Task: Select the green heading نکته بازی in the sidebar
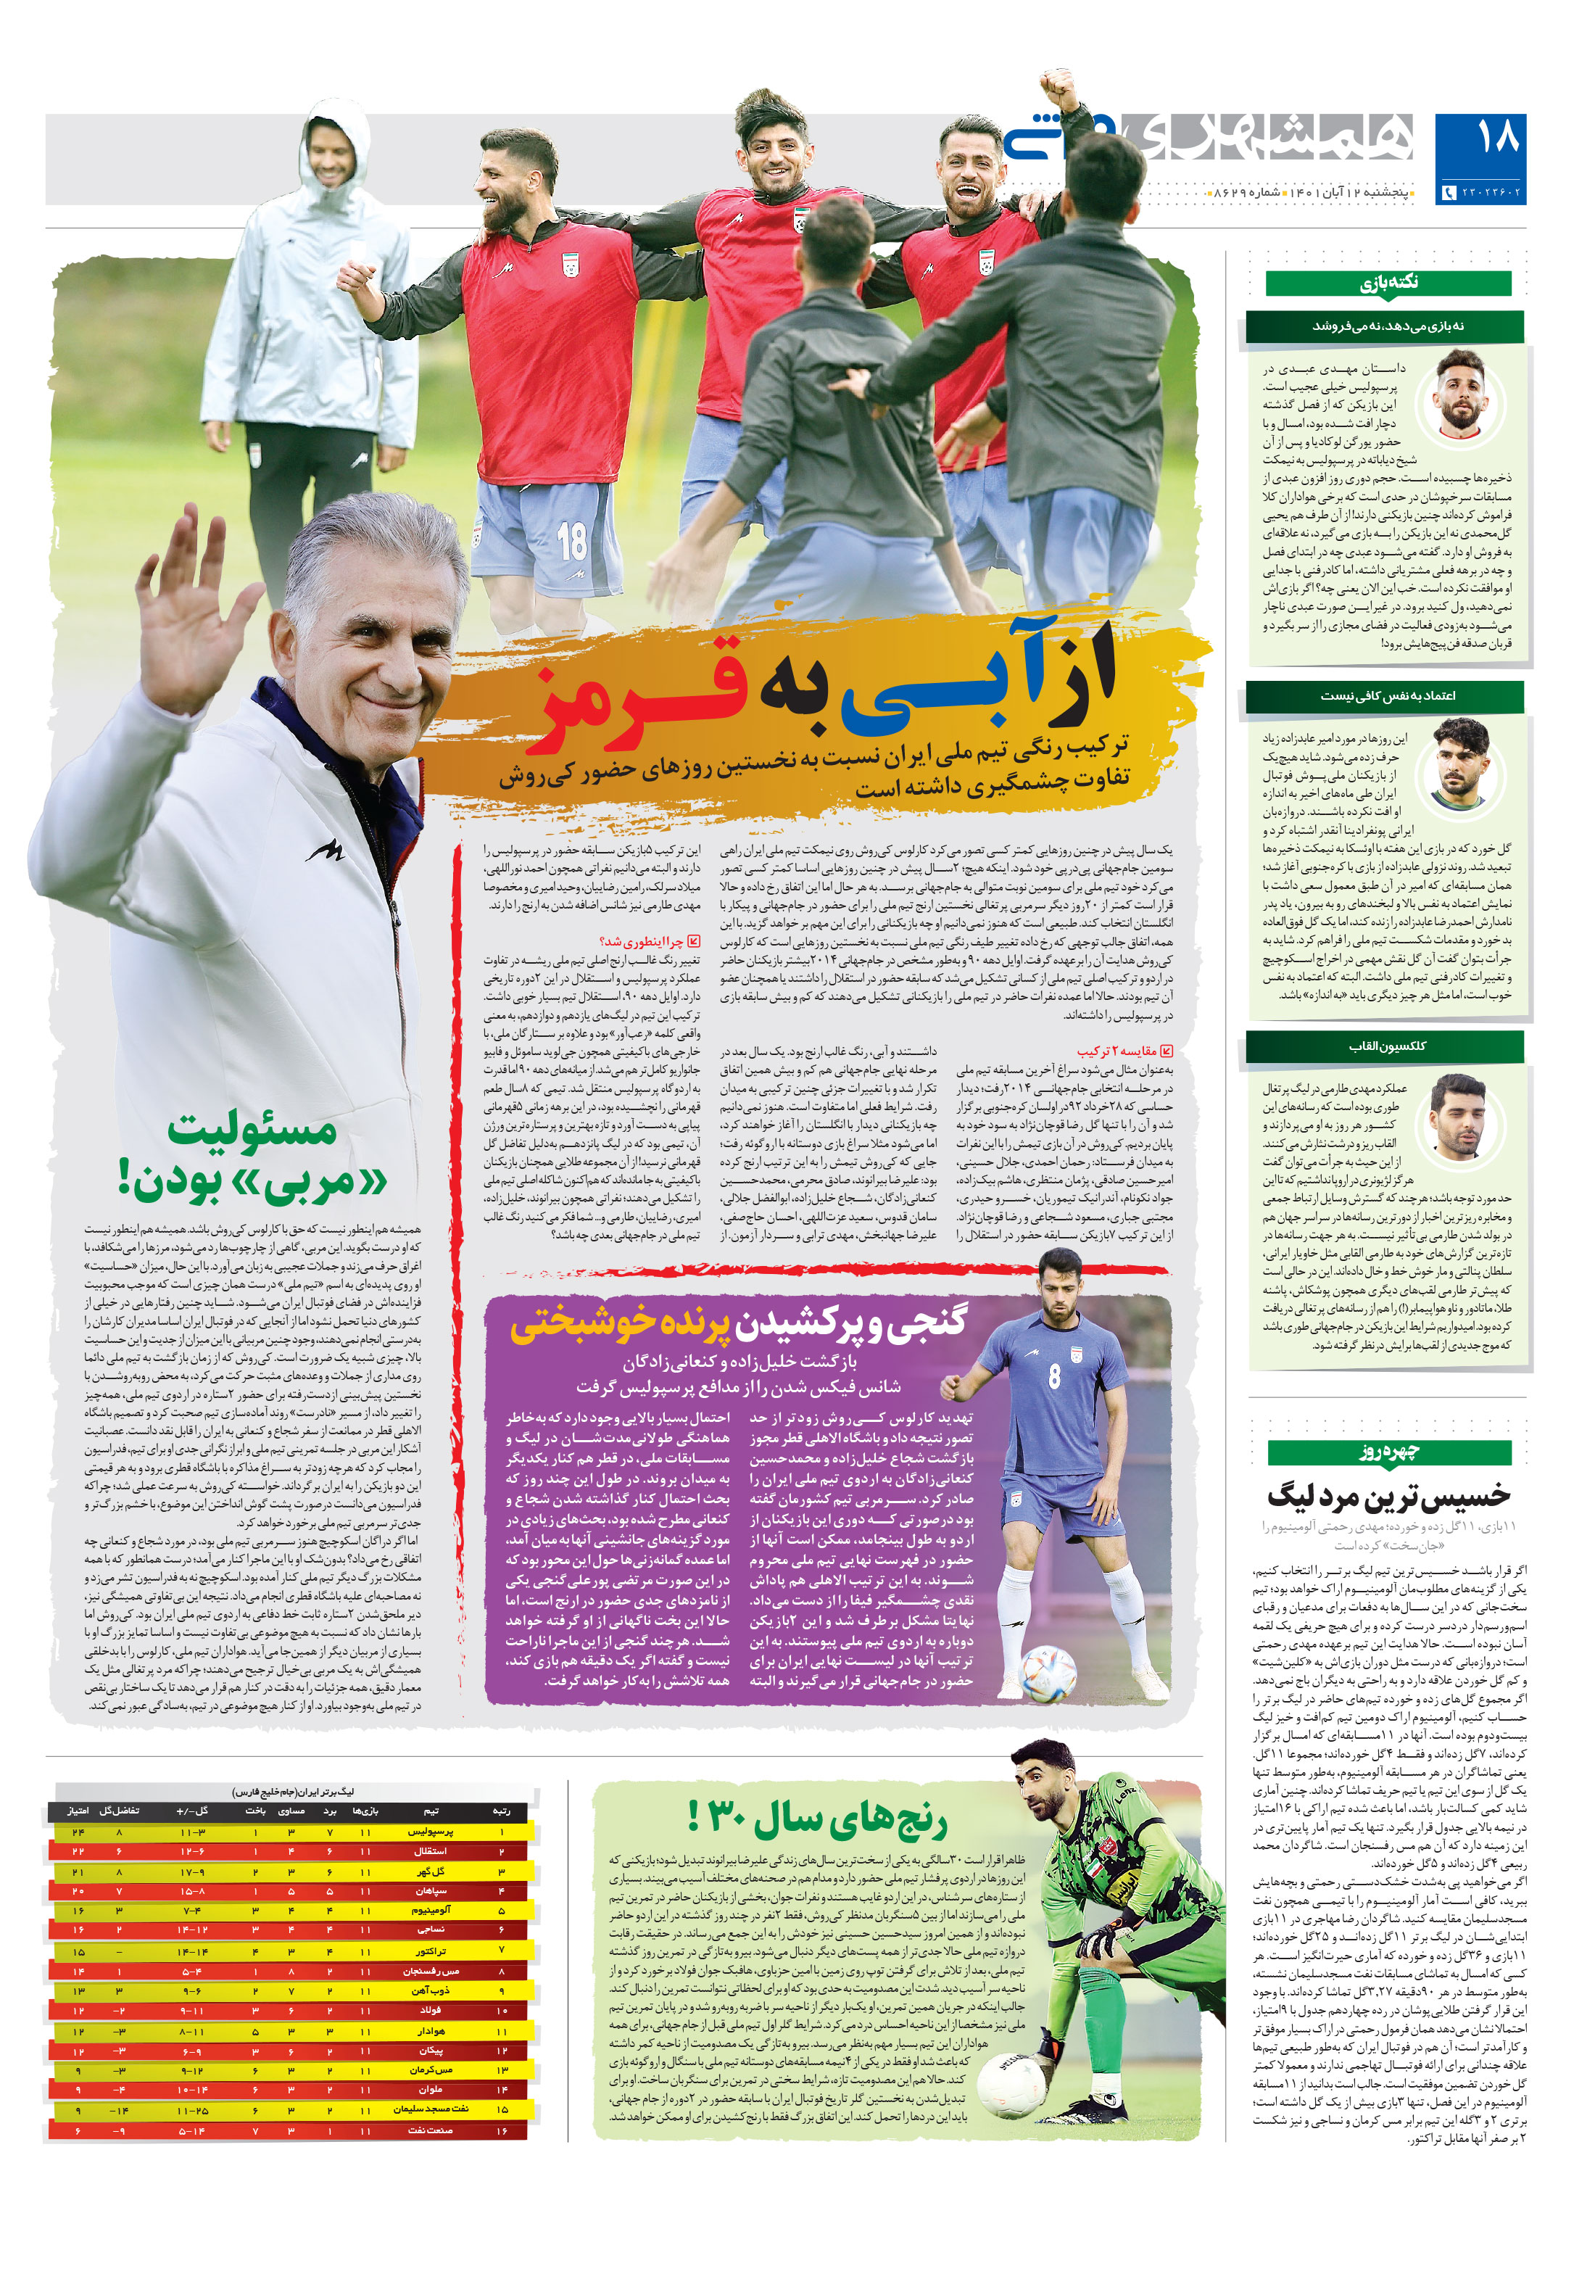pyautogui.click(x=1388, y=283)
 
